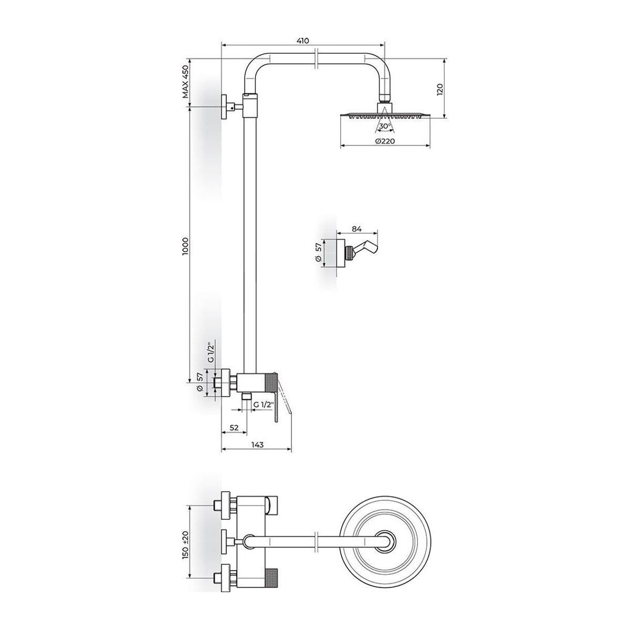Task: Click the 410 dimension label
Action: coord(303,41)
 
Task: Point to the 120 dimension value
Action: coord(439,89)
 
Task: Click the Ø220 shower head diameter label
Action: coord(385,141)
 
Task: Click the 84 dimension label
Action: coord(356,229)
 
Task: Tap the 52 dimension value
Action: coord(234,427)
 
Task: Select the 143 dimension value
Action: coord(257,444)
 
